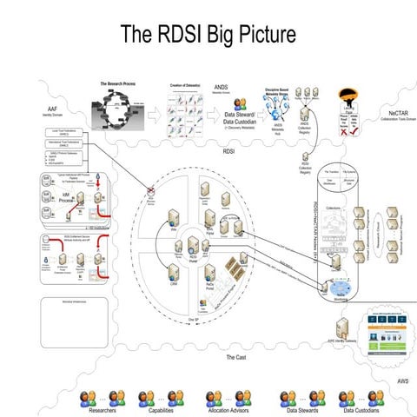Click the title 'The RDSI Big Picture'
pos(208,34)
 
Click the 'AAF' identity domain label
pos(52,111)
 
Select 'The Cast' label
pos(235,357)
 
